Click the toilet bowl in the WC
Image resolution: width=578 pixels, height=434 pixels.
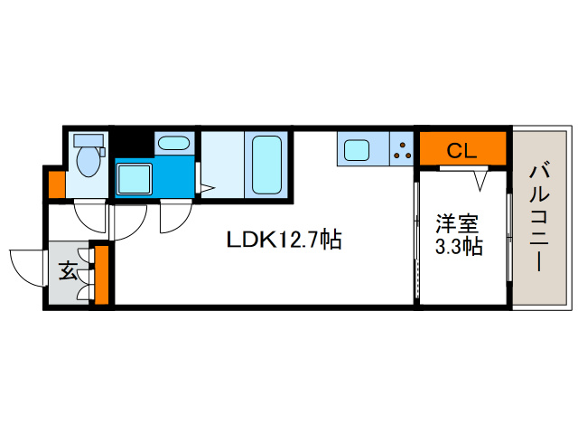tap(89, 163)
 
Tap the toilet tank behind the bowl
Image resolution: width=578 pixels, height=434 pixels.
tap(89, 141)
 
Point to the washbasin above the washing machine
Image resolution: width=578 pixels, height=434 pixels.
tap(172, 142)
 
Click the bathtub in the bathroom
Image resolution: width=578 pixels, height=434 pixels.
tap(267, 165)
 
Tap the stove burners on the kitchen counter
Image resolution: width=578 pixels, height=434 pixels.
tap(401, 149)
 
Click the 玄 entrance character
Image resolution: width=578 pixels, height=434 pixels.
tap(69, 269)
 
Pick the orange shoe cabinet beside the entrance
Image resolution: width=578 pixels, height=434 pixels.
tap(101, 274)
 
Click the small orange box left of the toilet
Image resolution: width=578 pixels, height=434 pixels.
tap(56, 184)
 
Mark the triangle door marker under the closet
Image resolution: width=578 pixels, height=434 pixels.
tap(483, 179)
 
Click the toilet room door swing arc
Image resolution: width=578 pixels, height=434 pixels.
tap(89, 219)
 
